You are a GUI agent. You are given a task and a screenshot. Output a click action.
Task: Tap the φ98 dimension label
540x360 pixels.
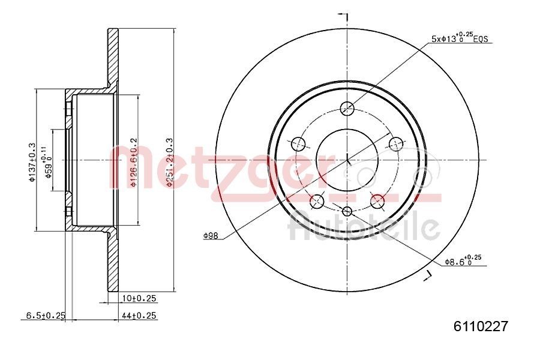210,236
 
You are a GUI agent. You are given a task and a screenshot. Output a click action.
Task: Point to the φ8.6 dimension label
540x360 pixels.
463,260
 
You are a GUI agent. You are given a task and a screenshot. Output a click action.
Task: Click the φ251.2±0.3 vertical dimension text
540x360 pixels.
170,162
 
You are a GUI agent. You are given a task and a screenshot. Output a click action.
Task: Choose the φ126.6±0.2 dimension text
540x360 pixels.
134,162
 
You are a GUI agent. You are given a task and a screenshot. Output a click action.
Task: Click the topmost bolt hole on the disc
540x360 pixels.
347,109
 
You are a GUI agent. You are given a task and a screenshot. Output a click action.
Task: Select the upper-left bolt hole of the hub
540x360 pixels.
298,144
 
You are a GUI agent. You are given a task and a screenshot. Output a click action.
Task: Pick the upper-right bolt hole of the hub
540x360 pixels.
396,144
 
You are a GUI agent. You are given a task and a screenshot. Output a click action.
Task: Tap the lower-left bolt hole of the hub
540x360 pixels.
317,202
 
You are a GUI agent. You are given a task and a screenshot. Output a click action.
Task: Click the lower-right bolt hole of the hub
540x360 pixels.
377,202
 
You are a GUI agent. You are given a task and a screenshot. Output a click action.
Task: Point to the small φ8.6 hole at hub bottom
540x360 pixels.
347,211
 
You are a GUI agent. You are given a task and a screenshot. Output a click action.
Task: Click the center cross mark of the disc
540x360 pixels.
347,160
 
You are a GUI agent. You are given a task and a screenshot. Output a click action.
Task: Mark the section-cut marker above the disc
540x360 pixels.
344,14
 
